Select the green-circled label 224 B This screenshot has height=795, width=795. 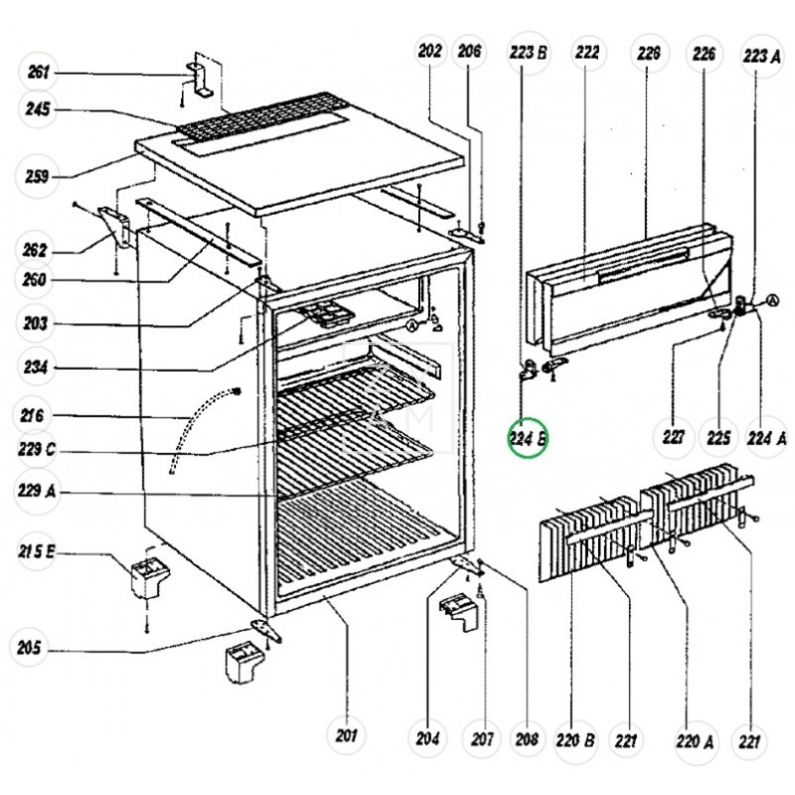click(x=528, y=437)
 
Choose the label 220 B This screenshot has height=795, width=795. click(x=575, y=738)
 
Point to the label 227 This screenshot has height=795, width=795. click(x=673, y=436)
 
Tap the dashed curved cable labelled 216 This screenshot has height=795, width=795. click(x=199, y=427)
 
